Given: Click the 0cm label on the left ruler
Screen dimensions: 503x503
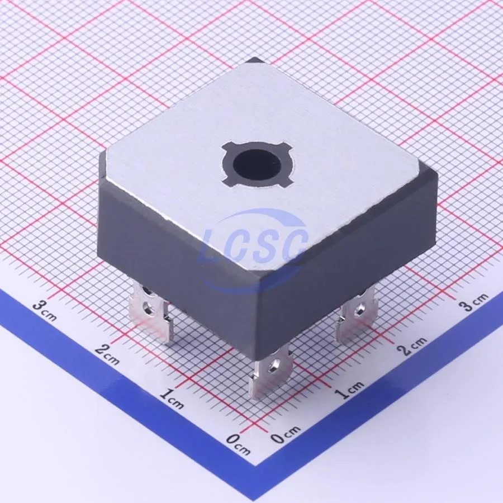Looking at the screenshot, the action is coord(238,444).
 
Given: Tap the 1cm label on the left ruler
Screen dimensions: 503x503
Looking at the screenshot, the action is coord(172,398).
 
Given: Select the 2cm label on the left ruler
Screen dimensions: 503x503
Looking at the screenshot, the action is coord(107,354).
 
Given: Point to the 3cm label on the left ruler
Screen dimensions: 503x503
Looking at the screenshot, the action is coord(45,310).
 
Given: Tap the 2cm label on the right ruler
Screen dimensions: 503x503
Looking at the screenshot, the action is coord(414,346).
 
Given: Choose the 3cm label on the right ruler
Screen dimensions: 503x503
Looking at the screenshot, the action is coord(474,302).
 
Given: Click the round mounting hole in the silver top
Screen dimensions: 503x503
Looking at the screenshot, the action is coord(257,165).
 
